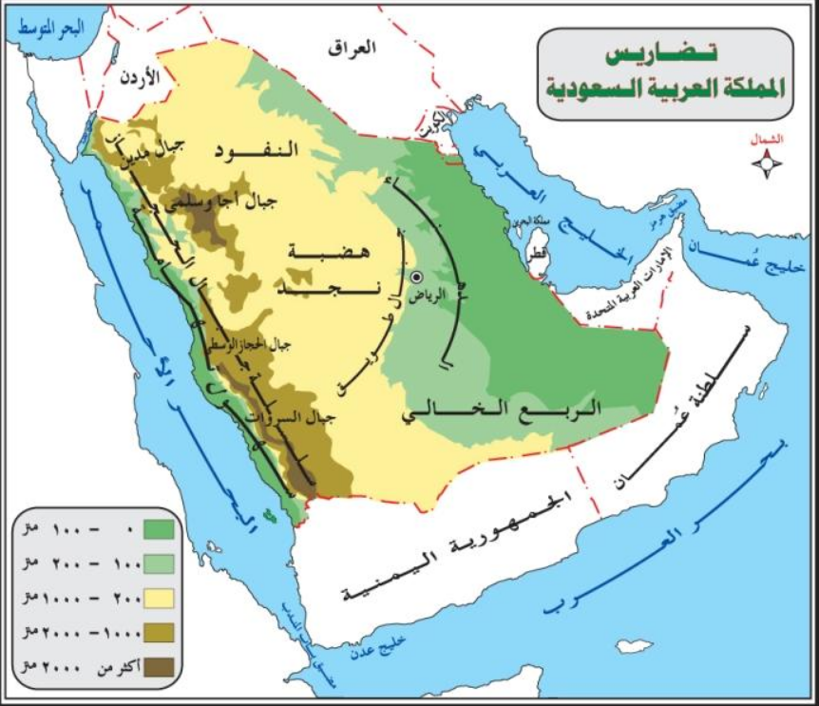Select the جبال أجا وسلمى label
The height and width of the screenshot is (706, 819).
[231, 202]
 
